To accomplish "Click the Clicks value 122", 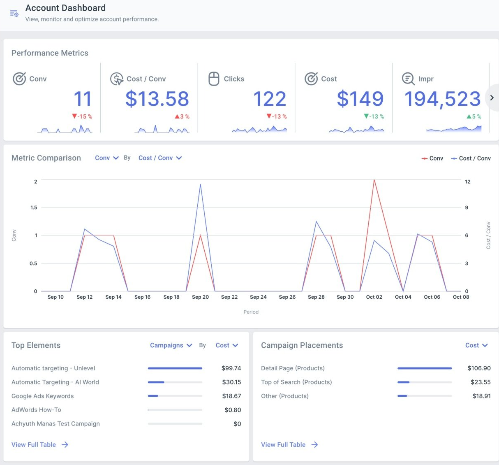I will click(x=270, y=99).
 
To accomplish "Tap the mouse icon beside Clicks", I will click(x=214, y=79).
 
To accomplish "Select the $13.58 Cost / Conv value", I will click(x=157, y=99).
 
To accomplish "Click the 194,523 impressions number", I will click(x=442, y=99).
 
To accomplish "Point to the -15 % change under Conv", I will click(x=82, y=116).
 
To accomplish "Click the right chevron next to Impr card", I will click(x=492, y=98).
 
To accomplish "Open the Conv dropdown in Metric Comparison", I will click(x=106, y=158).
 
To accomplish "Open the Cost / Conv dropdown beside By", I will click(x=160, y=158).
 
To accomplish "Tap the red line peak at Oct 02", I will click(x=374, y=180).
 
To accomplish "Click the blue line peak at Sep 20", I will click(x=200, y=184).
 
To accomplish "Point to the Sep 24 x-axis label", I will click(x=258, y=297).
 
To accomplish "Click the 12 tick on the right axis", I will click(x=467, y=181).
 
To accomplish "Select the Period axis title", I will click(x=251, y=312).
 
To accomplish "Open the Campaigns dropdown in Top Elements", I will click(x=171, y=345).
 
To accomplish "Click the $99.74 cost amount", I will click(x=231, y=368).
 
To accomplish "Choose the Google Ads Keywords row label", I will click(x=43, y=396).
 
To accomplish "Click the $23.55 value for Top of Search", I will click(x=481, y=382).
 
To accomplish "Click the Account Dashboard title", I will click(x=65, y=8).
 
